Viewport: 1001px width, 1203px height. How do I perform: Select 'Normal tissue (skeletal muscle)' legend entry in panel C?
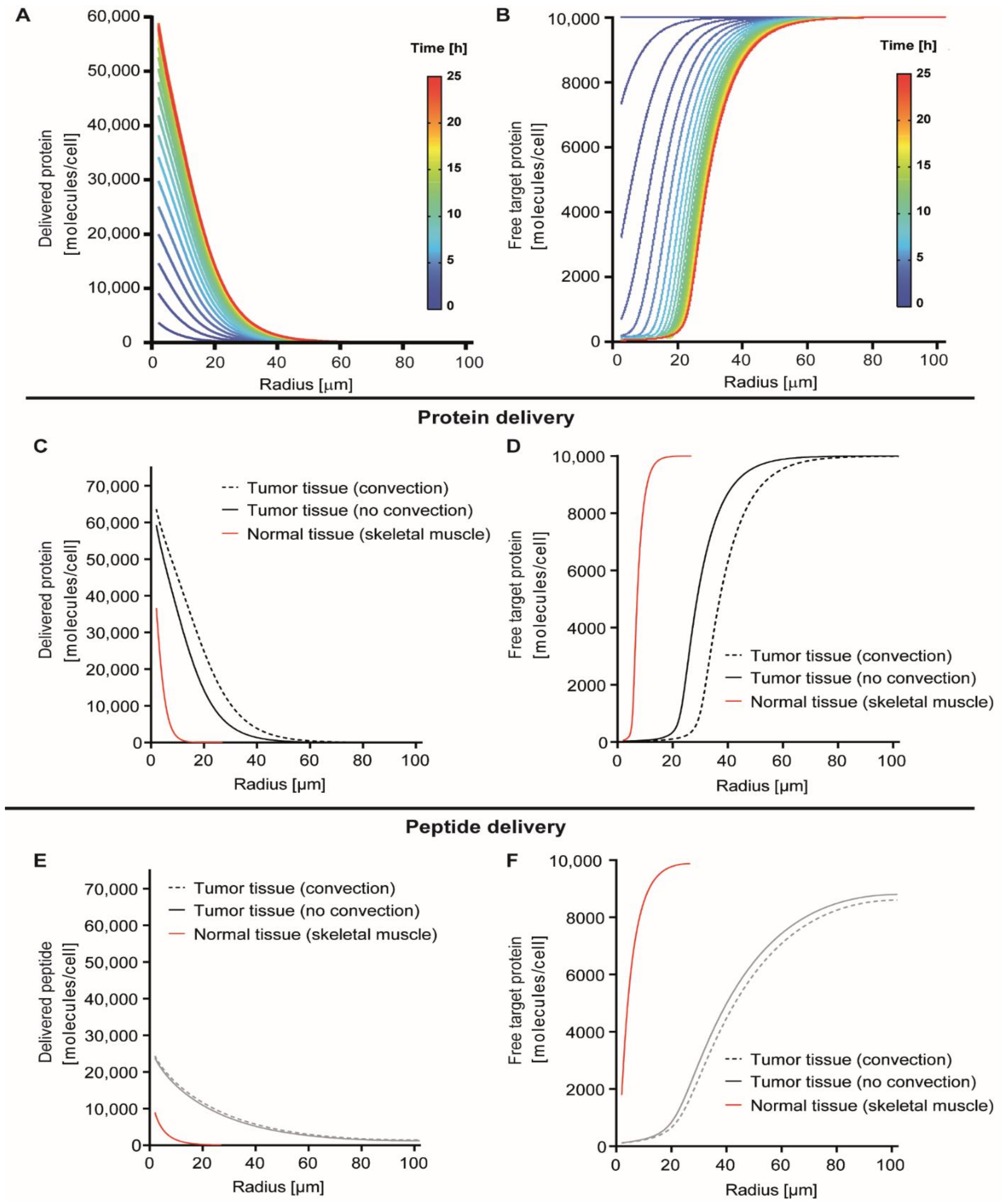coord(368,534)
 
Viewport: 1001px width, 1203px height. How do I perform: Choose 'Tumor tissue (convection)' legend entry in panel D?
coord(851,656)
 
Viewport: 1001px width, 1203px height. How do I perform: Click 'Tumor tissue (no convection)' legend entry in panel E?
coord(306,911)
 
